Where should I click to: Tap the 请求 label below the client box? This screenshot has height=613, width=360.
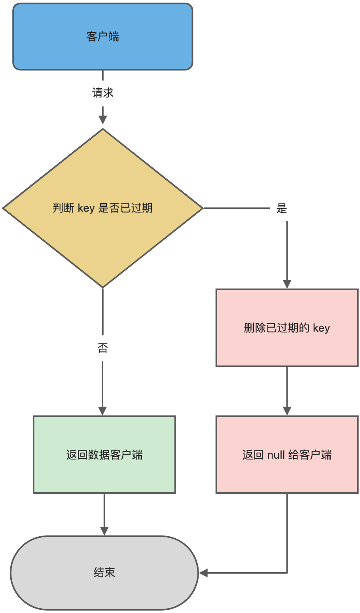(102, 93)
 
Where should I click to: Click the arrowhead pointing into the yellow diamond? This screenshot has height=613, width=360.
(102, 120)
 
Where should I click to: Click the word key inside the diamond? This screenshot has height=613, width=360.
(86, 208)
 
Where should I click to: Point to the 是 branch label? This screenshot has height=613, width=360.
(281, 208)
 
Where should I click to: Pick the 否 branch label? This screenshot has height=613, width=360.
(102, 348)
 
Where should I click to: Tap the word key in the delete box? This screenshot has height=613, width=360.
(321, 328)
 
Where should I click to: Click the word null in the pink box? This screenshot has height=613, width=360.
(276, 455)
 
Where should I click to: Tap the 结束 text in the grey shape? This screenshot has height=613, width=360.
(104, 572)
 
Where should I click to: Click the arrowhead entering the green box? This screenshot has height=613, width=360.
(102, 411)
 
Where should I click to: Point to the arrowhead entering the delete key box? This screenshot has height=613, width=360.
(287, 284)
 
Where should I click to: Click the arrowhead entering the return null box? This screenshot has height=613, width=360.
(287, 411)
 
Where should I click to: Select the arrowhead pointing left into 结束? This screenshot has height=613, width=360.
(203, 573)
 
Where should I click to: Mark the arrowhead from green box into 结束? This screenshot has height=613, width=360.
(104, 531)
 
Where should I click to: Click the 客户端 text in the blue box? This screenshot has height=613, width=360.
(102, 37)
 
